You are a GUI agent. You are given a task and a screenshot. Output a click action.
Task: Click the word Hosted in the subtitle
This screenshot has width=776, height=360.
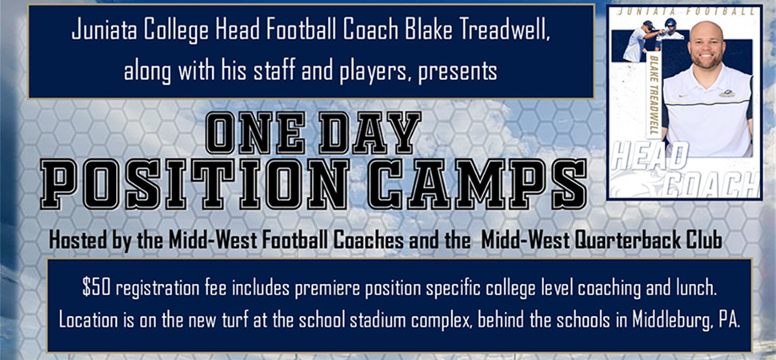click(x=78, y=242)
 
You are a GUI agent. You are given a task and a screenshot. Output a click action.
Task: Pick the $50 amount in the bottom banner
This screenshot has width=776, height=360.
click(x=93, y=289)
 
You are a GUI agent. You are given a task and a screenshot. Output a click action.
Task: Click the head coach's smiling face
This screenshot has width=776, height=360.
click(x=706, y=46)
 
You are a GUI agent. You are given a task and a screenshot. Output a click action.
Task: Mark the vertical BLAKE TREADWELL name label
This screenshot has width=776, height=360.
click(x=654, y=95)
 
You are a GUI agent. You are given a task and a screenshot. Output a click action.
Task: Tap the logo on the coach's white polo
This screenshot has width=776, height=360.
click(x=726, y=93)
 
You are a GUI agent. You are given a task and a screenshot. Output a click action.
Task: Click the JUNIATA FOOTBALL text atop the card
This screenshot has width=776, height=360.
click(x=686, y=11)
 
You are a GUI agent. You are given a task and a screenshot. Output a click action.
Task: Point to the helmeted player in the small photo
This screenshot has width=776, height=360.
click(x=670, y=34)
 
